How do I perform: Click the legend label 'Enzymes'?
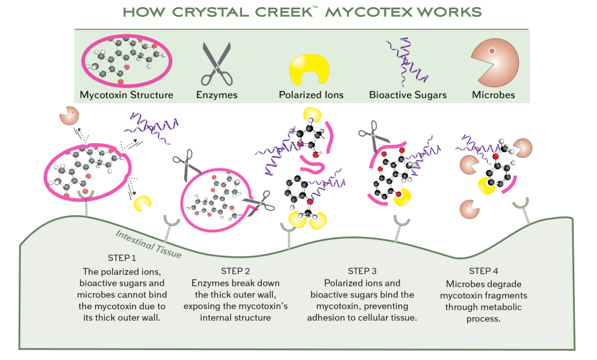coord(216,95)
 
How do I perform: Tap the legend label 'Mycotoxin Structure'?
coord(127,95)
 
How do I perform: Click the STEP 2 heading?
coord(236,271)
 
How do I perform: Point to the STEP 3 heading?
coord(362,271)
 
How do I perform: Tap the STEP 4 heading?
coord(483,271)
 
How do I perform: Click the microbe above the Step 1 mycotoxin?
coord(69,115)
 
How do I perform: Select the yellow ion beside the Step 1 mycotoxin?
coord(142,203)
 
